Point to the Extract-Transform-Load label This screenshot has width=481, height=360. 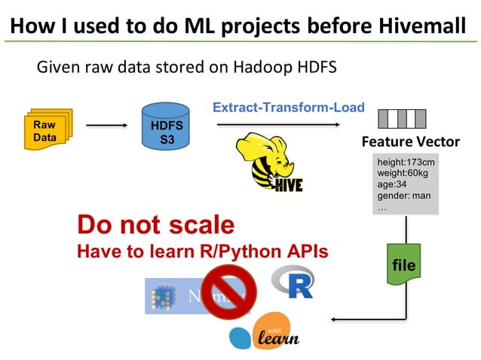point(289,108)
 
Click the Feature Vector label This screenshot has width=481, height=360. point(410,142)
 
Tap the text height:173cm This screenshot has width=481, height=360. point(406,162)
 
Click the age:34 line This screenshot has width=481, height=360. point(392,185)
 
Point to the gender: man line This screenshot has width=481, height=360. point(403,196)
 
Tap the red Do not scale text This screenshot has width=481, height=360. point(156,225)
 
